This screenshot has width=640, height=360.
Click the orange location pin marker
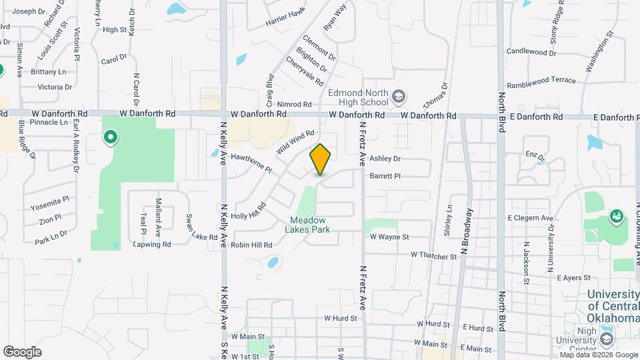click(321, 159)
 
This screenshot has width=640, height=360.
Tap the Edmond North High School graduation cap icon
click(399, 97)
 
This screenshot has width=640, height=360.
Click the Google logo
click(22, 352)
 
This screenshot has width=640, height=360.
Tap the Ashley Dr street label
click(385, 159)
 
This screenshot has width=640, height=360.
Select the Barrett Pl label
click(385, 177)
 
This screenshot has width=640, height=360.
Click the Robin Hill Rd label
click(251, 245)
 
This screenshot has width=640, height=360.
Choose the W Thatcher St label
click(433, 255)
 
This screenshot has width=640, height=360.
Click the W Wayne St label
click(389, 237)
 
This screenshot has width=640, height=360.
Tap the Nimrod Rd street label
click(294, 105)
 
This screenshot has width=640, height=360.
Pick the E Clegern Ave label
click(530, 218)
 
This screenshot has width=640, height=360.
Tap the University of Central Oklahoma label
click(613, 307)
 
